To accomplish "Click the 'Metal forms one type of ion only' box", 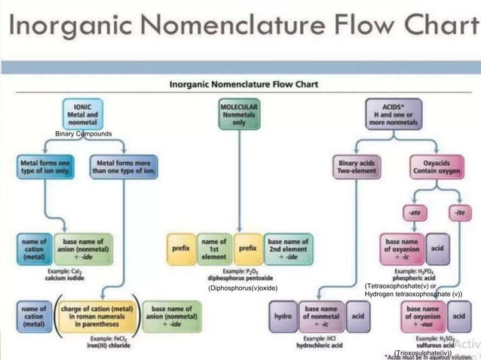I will [44, 166].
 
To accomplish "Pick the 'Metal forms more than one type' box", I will [124, 166].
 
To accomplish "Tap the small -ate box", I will [415, 213].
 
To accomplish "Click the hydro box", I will [283, 316].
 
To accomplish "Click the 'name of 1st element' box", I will [213, 249].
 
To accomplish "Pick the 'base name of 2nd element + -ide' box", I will [287, 249].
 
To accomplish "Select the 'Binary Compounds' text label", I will [84, 134].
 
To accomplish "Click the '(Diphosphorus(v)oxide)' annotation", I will [243, 288].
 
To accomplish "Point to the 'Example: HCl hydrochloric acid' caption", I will [320, 341].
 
